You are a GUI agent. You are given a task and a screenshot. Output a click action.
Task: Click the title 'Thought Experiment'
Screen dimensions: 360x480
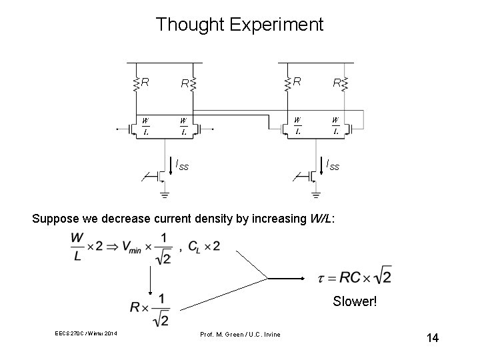point(239,25)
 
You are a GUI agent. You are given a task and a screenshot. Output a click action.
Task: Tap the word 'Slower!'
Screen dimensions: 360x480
point(356,302)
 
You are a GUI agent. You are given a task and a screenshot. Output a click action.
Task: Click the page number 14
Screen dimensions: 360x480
point(432,338)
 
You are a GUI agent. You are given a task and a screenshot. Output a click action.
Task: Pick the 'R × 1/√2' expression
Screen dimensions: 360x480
point(151,308)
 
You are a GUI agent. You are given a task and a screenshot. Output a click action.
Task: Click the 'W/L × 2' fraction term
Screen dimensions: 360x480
point(84,247)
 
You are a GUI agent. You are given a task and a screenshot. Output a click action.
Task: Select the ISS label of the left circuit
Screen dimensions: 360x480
point(181,165)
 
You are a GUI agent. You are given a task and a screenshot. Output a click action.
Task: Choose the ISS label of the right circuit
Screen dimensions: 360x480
point(332,165)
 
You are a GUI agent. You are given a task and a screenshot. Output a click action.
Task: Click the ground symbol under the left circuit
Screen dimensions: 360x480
point(164,195)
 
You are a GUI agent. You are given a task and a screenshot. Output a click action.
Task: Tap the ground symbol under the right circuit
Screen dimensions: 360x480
point(315,195)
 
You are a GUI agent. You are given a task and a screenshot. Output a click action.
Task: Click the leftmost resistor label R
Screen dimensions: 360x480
point(145,82)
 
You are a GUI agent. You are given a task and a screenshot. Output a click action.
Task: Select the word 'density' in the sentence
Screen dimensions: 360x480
point(217,217)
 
